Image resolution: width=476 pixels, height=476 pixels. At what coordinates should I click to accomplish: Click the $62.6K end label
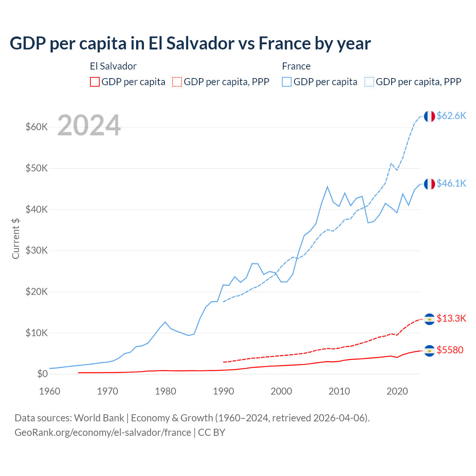point(451,116)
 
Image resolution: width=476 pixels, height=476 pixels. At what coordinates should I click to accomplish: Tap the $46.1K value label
point(451,183)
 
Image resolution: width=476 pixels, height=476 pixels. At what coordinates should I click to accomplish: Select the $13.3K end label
point(451,318)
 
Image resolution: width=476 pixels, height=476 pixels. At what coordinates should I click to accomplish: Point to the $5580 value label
point(450,350)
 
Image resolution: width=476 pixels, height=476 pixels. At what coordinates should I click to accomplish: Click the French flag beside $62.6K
point(430,116)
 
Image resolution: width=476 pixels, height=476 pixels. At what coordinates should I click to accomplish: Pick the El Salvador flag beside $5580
point(430,351)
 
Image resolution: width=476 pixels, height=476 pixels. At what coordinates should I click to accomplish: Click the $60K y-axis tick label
point(37,127)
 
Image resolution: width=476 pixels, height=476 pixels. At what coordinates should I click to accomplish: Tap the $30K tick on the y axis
point(37,250)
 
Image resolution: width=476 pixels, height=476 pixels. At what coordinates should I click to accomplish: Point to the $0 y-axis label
point(42,374)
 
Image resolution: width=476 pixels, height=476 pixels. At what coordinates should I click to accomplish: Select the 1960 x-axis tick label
point(49,391)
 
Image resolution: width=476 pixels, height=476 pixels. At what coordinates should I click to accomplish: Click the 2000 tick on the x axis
point(281,391)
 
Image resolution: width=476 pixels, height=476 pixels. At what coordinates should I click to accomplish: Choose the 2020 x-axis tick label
point(397,391)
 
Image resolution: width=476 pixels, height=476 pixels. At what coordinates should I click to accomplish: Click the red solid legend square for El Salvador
point(95,82)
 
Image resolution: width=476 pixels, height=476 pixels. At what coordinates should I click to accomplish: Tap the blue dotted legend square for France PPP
point(369,82)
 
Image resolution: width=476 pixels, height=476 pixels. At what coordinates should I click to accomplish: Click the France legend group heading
point(296,66)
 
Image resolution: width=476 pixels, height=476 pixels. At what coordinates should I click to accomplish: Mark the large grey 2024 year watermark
point(89,125)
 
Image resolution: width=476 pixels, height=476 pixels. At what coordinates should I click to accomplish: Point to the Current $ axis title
point(16,238)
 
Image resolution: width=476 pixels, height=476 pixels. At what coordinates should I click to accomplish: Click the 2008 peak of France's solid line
point(327,187)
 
